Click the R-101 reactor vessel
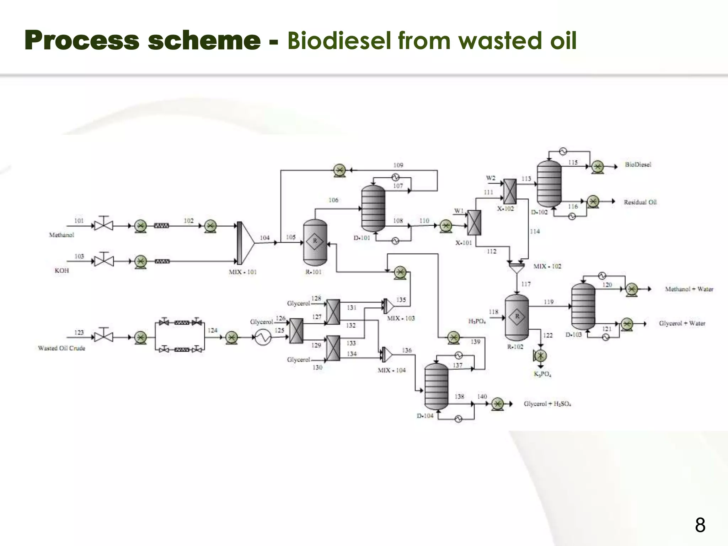click(315, 242)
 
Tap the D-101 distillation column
click(373, 209)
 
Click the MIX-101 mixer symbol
click(245, 243)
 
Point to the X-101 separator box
click(474, 223)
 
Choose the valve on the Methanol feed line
click(103, 225)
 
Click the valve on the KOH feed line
click(103, 261)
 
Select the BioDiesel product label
click(638, 165)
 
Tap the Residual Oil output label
click(640, 202)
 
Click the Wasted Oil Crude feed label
click(61, 348)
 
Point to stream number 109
click(398, 165)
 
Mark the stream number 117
click(526, 284)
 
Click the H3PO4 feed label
click(477, 322)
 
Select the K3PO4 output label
click(542, 374)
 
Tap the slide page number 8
click(700, 525)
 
